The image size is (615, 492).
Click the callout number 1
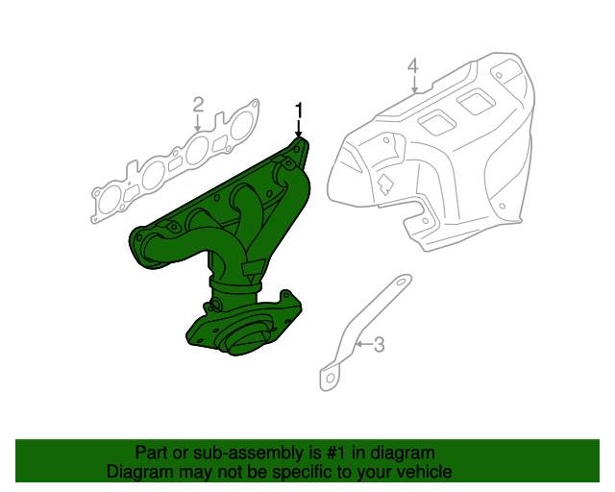tap(299, 109)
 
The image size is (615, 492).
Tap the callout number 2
tap(198, 104)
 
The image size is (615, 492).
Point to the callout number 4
tap(412, 66)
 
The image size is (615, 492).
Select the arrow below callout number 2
tap(198, 123)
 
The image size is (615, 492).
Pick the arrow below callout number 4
tap(413, 85)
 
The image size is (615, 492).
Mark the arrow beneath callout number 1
tap(299, 127)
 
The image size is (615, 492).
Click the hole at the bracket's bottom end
tap(328, 379)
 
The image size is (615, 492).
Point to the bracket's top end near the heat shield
tap(399, 283)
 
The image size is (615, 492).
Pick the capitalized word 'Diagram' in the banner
tap(138, 472)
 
